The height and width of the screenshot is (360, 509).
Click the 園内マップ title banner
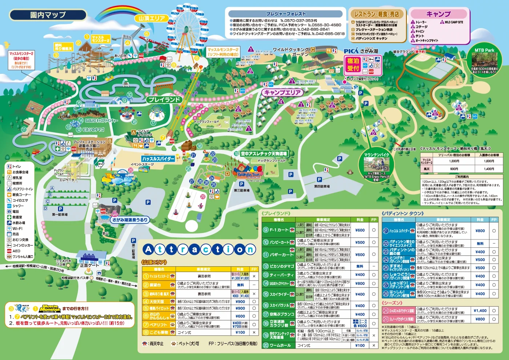tap(48, 15)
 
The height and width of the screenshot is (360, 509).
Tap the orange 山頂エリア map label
tap(152, 18)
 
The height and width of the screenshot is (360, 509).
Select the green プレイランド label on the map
tap(164, 100)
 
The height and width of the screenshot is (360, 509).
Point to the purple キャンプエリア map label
tap(282, 93)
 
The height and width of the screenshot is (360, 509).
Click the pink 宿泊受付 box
tap(352, 65)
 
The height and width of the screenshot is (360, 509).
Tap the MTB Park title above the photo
tap(484, 50)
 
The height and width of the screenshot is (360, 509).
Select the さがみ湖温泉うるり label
tap(130, 220)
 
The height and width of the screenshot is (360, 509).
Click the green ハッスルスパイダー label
tap(158, 159)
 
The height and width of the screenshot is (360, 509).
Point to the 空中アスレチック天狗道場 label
tap(264, 154)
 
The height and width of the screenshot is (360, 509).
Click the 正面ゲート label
tap(89, 266)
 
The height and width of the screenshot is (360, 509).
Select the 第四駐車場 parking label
tap(322, 186)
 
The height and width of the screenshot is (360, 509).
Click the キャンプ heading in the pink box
tap(438, 14)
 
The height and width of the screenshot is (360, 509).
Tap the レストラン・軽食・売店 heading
tap(376, 14)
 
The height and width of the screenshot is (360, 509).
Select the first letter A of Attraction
tap(148, 249)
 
